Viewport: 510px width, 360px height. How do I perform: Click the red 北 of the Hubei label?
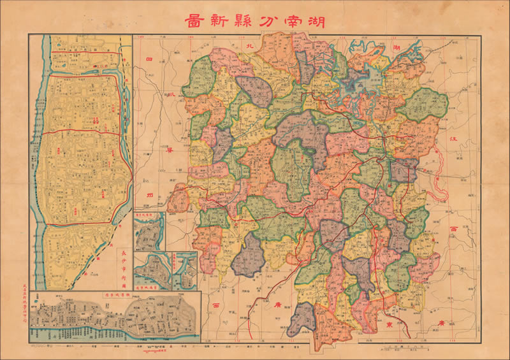pyautogui.click(x=250, y=47)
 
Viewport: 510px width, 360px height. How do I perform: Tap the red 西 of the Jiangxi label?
pyautogui.click(x=453, y=228)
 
